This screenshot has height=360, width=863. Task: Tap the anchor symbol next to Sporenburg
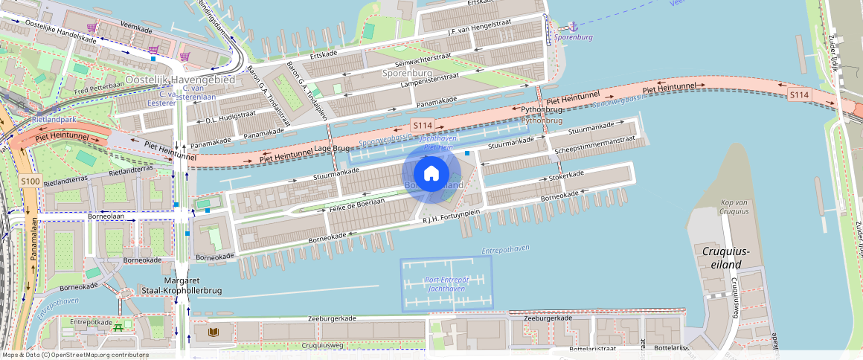tap(572, 26)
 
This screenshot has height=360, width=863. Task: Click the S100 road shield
tap(30, 181)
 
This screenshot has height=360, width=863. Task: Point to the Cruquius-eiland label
tap(726, 257)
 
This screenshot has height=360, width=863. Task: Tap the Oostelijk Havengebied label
tap(179, 80)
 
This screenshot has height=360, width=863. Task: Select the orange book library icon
tap(214, 332)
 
